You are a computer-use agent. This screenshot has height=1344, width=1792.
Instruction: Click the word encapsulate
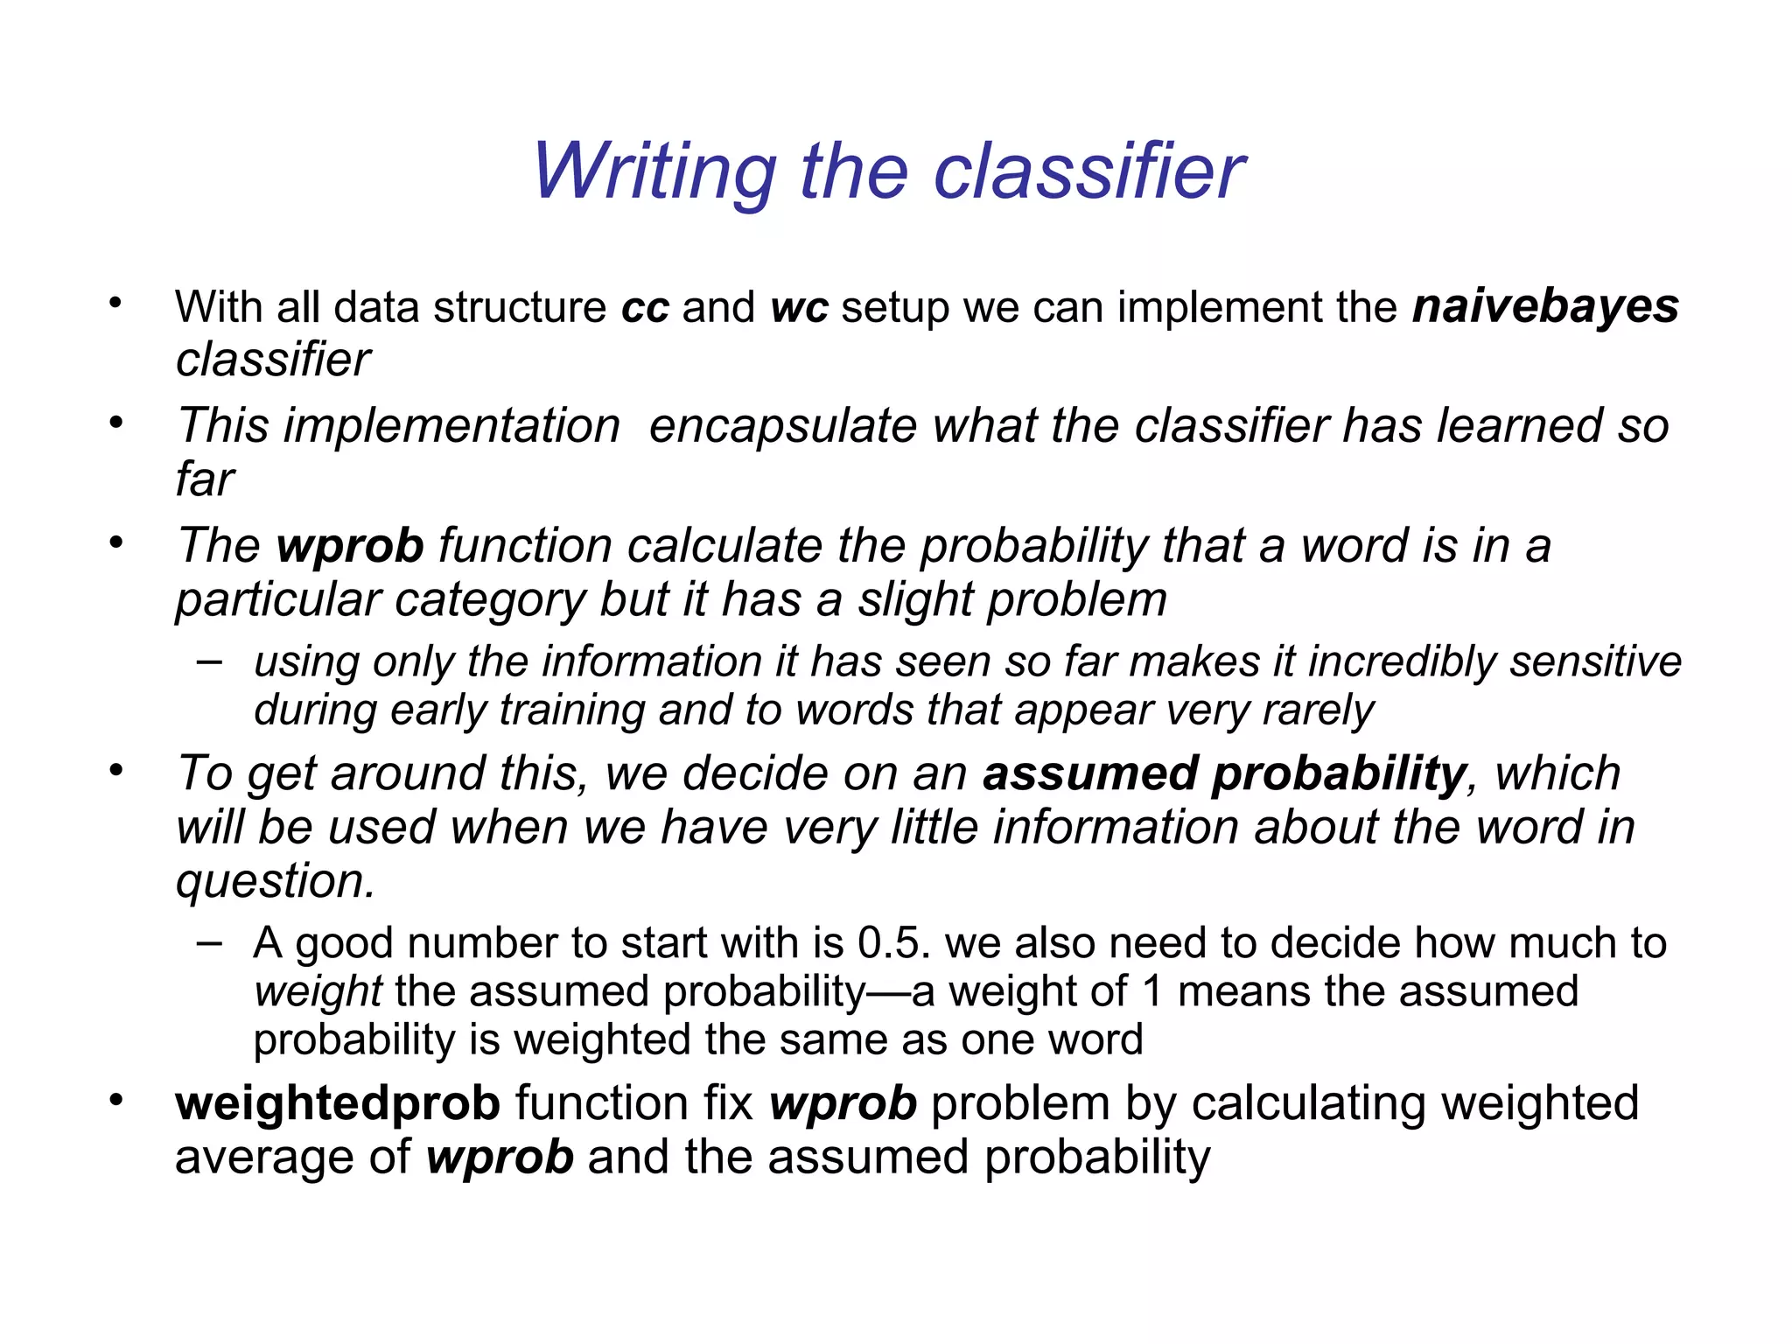(782, 426)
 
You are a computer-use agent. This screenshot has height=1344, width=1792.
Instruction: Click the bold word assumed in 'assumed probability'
(1089, 774)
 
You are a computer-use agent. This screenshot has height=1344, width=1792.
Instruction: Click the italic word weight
(318, 992)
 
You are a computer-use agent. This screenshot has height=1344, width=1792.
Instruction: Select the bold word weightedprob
(338, 1103)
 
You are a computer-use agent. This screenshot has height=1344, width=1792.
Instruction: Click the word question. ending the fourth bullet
(275, 881)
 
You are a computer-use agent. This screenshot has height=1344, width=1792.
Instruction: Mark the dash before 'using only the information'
(209, 661)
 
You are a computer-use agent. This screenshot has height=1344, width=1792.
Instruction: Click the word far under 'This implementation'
(205, 479)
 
